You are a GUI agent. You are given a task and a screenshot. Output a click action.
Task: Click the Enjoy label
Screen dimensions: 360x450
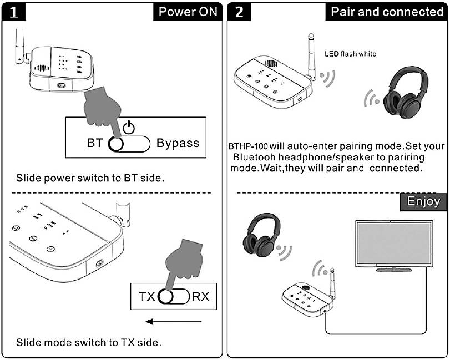[x=423, y=201]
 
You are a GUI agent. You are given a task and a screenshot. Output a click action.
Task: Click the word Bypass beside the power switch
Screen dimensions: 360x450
[x=178, y=143]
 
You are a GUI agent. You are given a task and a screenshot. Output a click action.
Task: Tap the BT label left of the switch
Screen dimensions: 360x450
[x=95, y=143]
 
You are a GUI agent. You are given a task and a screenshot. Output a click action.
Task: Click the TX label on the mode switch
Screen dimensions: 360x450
[x=147, y=297]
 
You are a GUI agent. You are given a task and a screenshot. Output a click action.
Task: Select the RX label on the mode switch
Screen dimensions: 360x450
[x=200, y=297]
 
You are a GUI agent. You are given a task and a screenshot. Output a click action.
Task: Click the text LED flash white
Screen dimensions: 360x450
[x=350, y=54]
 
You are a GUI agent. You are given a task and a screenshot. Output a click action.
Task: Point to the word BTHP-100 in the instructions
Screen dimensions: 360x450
[x=249, y=146]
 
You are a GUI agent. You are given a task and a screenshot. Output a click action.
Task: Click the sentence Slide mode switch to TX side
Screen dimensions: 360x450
[x=89, y=342]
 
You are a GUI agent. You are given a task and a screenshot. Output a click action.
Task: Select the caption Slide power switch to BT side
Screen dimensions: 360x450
[x=90, y=178]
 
